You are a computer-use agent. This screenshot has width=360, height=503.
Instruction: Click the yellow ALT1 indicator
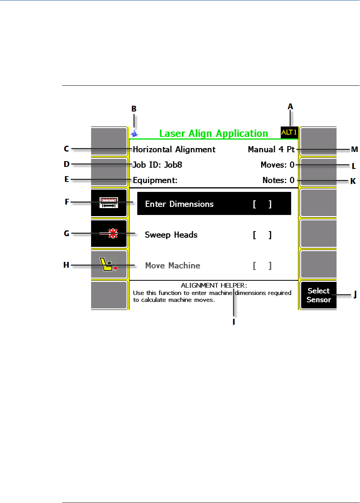tap(289, 132)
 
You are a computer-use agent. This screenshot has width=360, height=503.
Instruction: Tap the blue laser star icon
tap(134, 134)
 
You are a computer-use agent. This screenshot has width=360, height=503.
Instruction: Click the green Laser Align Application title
tap(214, 134)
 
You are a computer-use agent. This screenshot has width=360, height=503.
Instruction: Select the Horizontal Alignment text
tap(174, 149)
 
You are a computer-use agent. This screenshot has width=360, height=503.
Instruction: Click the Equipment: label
tap(155, 180)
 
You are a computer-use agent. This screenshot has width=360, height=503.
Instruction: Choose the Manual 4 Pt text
tap(271, 149)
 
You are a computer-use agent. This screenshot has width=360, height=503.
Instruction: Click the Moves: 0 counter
tap(277, 165)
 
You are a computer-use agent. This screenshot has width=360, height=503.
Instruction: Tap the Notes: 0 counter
tap(278, 180)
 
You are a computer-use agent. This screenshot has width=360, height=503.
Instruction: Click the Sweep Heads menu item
tap(171, 235)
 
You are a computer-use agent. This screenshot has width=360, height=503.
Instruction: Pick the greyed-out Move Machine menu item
tap(173, 265)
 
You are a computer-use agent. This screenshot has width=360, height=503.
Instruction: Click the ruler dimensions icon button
tap(109, 203)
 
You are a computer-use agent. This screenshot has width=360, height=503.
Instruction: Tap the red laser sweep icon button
tap(109, 234)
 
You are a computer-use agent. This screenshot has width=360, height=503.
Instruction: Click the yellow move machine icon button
tap(109, 265)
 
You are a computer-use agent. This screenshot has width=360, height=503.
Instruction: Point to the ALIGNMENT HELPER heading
tap(214, 286)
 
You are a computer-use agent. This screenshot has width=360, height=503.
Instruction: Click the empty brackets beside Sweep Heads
tap(262, 235)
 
